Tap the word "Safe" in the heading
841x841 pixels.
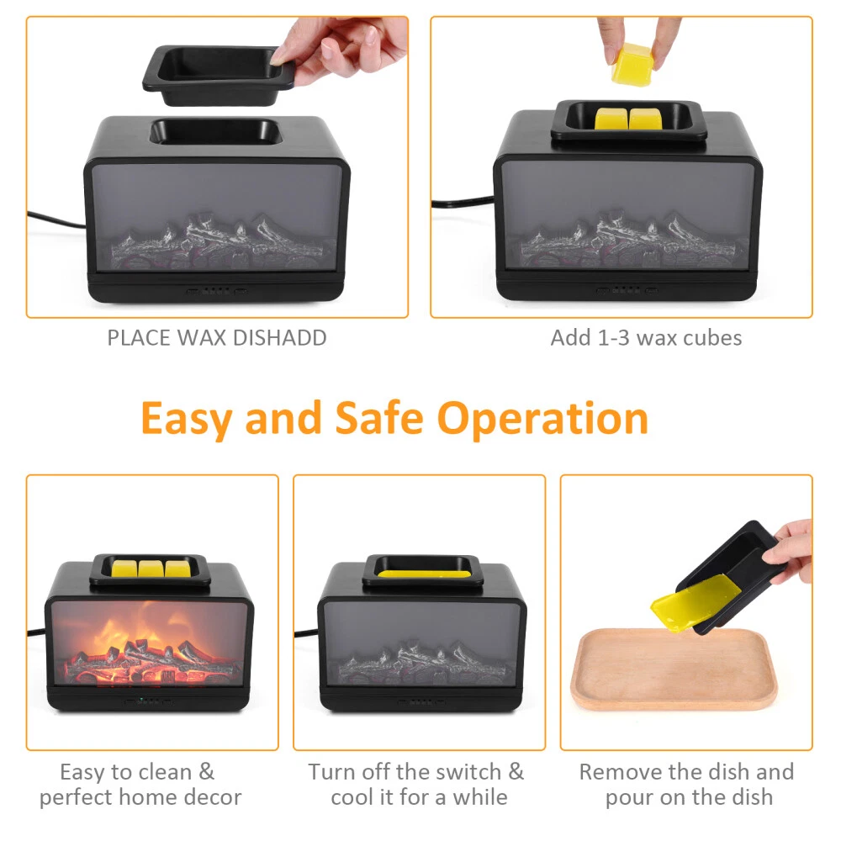(379, 418)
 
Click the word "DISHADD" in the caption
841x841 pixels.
(279, 338)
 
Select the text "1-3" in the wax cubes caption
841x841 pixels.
(612, 338)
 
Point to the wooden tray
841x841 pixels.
(674, 670)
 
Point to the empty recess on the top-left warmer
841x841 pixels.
(216, 132)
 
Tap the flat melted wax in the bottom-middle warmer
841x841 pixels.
(422, 574)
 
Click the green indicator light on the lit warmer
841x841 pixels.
(140, 700)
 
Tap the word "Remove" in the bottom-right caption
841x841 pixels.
(621, 772)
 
